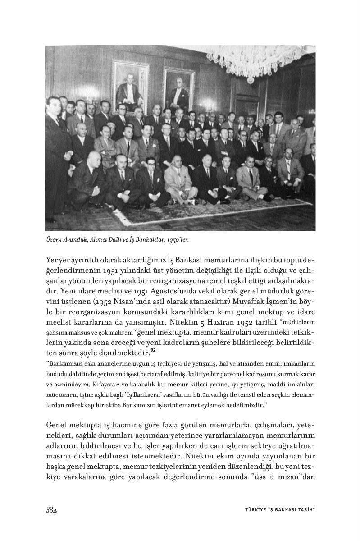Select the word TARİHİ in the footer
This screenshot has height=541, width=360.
tap(305, 510)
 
